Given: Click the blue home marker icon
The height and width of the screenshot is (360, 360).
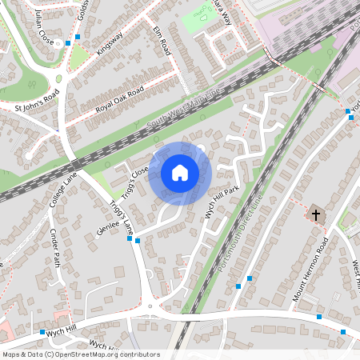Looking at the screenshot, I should pyautogui.click(x=180, y=173).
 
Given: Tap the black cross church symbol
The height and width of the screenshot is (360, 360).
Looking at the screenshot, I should pyautogui.click(x=316, y=214).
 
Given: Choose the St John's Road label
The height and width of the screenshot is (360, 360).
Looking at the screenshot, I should pyautogui.click(x=37, y=102).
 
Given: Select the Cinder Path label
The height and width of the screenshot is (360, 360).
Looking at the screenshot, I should pyautogui.click(x=55, y=247).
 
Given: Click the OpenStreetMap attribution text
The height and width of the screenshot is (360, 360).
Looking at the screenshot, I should pyautogui.click(x=80, y=354).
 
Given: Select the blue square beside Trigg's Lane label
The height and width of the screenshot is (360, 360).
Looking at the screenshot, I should pyautogui.click(x=138, y=240).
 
